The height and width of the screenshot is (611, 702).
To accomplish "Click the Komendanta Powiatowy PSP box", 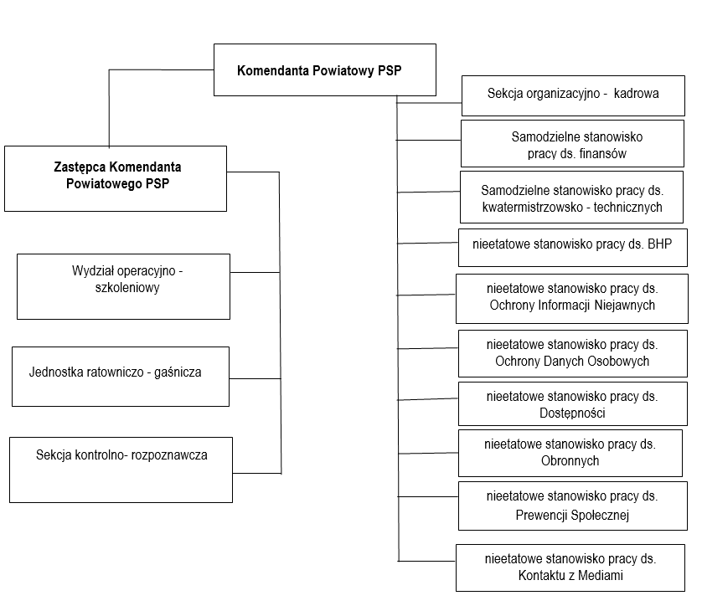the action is click(x=324, y=69).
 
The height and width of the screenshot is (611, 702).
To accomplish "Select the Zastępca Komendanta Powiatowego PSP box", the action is click(x=116, y=178).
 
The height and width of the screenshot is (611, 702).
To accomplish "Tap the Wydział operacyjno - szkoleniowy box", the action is click(x=124, y=287).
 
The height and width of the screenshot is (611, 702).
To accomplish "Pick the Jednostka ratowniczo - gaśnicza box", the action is click(x=121, y=377).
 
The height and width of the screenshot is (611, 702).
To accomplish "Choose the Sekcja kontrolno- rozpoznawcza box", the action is click(x=121, y=470).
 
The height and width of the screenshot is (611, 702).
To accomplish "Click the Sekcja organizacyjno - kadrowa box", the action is click(x=573, y=95).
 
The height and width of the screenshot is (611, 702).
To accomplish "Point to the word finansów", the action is click(x=602, y=154).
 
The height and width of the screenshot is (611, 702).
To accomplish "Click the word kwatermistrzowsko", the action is click(x=531, y=207).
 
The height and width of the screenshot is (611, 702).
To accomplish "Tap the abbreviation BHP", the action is click(x=660, y=244).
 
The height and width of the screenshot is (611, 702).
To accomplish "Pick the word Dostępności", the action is click(x=572, y=413).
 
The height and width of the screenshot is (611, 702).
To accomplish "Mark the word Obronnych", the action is click(x=570, y=460).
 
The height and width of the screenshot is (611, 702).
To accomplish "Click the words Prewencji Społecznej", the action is click(x=572, y=516).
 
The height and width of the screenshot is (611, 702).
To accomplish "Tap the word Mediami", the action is click(x=601, y=575).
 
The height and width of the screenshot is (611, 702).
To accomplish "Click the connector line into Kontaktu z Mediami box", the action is click(x=427, y=561).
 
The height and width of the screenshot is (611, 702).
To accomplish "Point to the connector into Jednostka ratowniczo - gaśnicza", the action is click(x=256, y=379).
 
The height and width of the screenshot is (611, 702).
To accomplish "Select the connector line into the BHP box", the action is click(x=428, y=243).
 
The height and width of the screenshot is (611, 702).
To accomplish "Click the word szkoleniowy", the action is click(x=127, y=288).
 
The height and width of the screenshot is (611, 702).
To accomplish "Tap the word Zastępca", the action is click(x=80, y=167).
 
